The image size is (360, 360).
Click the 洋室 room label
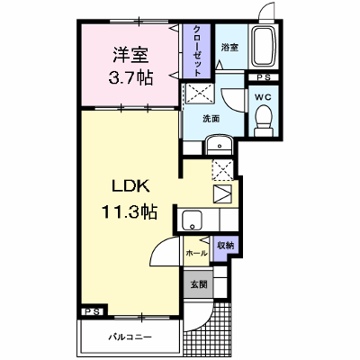pyautogui.click(x=130, y=56)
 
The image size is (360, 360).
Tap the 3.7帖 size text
pyautogui.click(x=130, y=78)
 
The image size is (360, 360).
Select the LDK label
pyautogui.click(x=131, y=186)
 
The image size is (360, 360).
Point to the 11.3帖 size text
pyautogui.click(x=130, y=211)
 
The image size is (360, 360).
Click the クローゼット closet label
pyautogui.click(x=197, y=51)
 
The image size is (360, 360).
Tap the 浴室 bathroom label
pyautogui.click(x=229, y=47)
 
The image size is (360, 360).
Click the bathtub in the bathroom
pyautogui.click(x=264, y=47)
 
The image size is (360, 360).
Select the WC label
pyautogui.click(x=263, y=97)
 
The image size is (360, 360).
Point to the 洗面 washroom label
pyautogui.click(x=211, y=119)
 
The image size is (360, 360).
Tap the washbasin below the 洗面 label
pyautogui.click(x=219, y=144)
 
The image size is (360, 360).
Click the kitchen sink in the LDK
pyautogui.click(x=193, y=220)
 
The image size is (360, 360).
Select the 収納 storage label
pyautogui.click(x=226, y=246)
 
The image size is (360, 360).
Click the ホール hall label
pyautogui.click(x=197, y=253)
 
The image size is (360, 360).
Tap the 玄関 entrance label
pyautogui.click(x=199, y=283)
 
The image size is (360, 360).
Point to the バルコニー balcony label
pyautogui.click(x=130, y=337)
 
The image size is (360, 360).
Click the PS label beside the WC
pyautogui.click(x=264, y=77)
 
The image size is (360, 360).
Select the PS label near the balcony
pyautogui.click(x=93, y=311)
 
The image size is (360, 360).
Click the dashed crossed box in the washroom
pyautogui.click(x=199, y=94)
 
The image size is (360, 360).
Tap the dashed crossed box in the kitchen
pyautogui.click(x=222, y=170)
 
